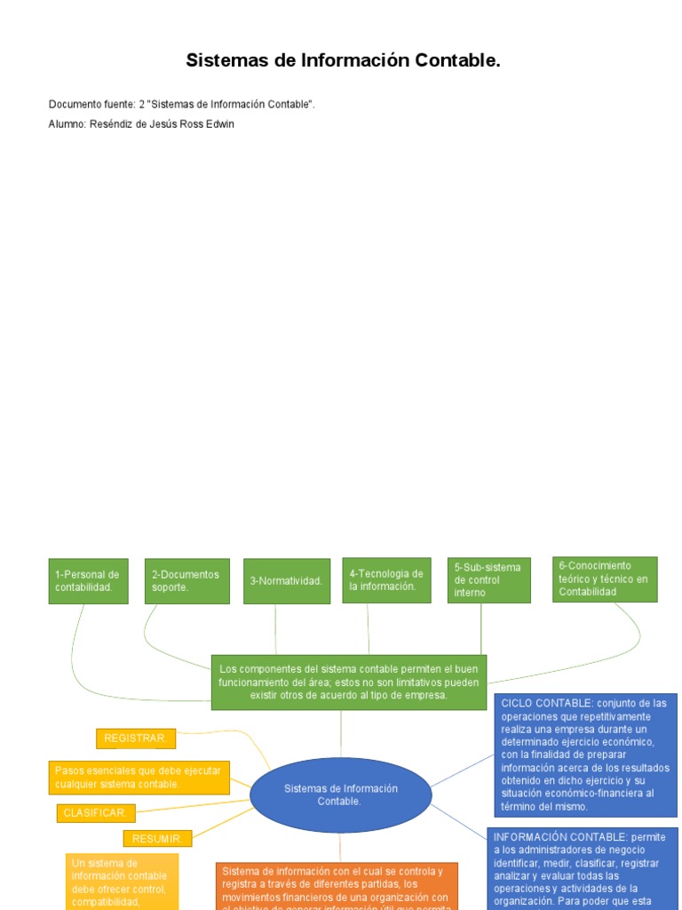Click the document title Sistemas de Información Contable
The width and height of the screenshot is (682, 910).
coord(343,61)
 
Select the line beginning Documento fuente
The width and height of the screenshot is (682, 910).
coord(182,105)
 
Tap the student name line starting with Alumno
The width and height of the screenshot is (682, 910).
coord(141,124)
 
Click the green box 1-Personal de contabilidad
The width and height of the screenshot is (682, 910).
coord(88,581)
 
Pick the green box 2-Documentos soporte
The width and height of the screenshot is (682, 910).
coord(186,581)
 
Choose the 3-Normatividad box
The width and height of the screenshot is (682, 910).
coord(286,581)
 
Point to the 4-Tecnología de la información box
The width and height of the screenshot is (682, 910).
coord(386,580)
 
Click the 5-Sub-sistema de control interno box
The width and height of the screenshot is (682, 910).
coord(488,580)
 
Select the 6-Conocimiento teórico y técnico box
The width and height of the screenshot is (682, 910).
coord(604,579)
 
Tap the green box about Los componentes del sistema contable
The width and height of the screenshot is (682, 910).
coord(348,682)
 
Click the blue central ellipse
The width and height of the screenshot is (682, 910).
coord(340,795)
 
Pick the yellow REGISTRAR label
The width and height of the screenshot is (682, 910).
coord(136,738)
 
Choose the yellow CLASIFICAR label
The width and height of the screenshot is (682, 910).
coord(97,813)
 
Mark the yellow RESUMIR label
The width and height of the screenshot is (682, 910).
coord(157,838)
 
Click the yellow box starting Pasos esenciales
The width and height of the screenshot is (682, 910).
coord(139,778)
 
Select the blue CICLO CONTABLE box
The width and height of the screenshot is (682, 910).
coord(585,755)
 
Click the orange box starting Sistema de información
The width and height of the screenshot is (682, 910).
coord(337,886)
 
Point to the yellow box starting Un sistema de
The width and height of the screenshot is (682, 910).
coord(122,882)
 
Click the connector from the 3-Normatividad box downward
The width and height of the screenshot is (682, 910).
coord(275,629)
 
